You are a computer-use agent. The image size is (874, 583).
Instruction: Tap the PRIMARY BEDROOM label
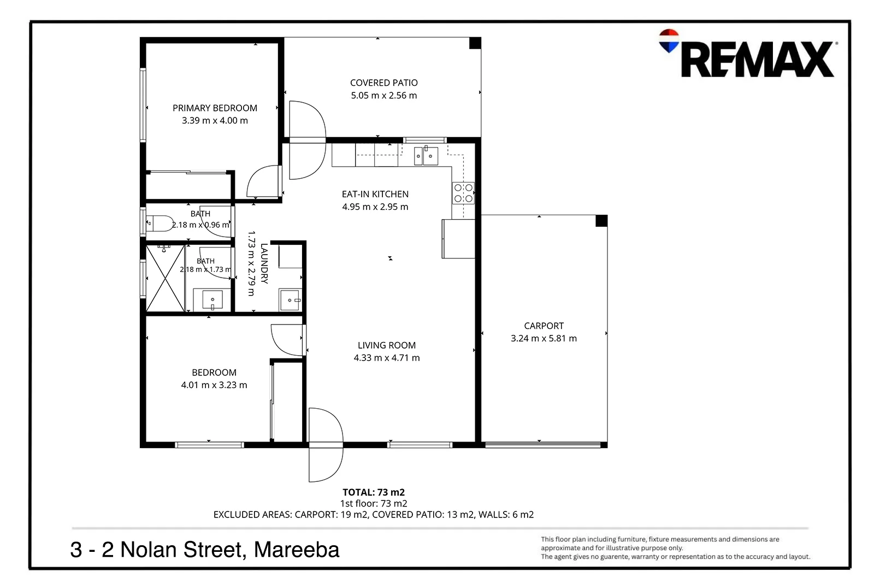(x=215, y=108)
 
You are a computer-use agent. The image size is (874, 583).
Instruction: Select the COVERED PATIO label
(x=384, y=83)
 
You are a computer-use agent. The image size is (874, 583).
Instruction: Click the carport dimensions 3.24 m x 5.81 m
(x=544, y=338)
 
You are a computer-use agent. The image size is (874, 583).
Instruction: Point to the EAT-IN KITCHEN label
(x=375, y=194)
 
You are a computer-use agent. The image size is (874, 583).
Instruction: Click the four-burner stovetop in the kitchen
(x=464, y=193)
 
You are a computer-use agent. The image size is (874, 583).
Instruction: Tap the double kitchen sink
(x=426, y=156)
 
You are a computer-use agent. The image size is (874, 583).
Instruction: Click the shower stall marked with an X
(x=165, y=278)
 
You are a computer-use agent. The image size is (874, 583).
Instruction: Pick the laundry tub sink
(x=290, y=299)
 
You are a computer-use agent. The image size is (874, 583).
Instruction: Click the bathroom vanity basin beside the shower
(x=212, y=299)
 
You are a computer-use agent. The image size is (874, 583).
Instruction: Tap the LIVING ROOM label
(x=387, y=345)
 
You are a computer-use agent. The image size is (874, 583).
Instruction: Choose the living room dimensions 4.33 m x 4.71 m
(x=387, y=358)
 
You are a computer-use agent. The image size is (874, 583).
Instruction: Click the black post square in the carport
(x=601, y=221)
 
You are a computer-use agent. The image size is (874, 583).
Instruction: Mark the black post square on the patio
(x=475, y=43)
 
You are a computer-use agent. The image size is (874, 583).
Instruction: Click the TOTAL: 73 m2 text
(x=374, y=492)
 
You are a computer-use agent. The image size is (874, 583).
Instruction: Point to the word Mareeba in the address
(x=297, y=550)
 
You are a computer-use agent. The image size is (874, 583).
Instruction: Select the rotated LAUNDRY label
(x=264, y=263)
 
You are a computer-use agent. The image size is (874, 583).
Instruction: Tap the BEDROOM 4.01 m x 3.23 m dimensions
(x=214, y=385)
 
